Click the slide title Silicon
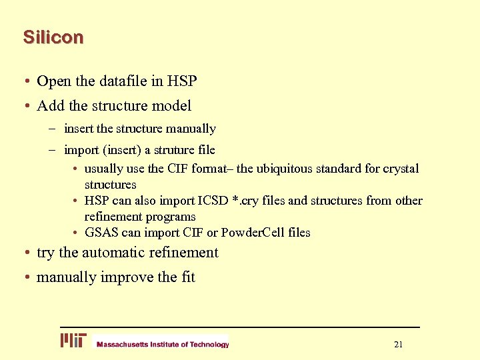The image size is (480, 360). [53, 37]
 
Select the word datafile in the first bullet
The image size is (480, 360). [123, 81]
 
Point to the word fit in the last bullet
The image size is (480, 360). [187, 277]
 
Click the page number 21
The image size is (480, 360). [399, 345]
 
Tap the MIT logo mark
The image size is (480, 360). [73, 341]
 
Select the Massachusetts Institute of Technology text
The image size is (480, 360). [163, 345]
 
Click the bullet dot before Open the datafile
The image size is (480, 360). [24, 82]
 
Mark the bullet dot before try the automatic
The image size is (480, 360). [24, 253]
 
